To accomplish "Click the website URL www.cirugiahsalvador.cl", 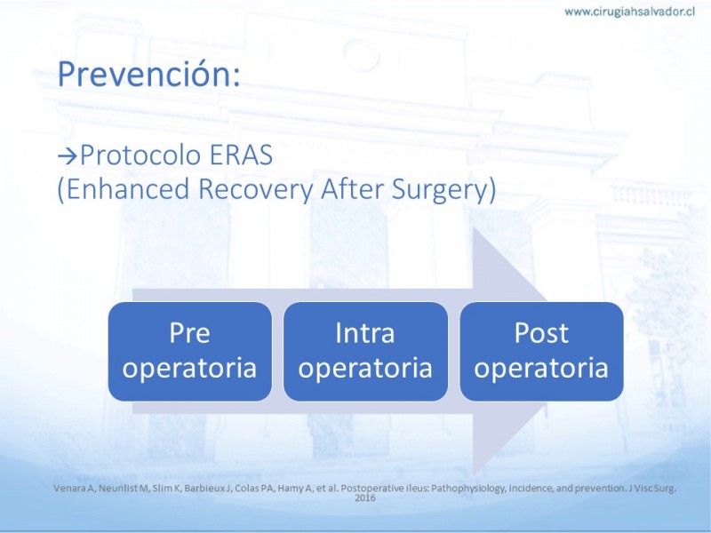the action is [x=629, y=12].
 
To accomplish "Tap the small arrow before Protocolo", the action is [x=68, y=156].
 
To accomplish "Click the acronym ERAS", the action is [x=241, y=155].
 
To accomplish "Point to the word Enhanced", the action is [x=126, y=188].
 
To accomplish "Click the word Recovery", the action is [x=256, y=189].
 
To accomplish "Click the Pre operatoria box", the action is [x=190, y=351].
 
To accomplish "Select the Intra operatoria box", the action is [x=365, y=351].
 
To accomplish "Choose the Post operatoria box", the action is [x=541, y=351].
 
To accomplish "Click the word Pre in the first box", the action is [x=189, y=333].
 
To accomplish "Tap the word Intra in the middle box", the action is [x=365, y=333].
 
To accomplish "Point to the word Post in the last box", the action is [x=541, y=333].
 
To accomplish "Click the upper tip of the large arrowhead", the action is [x=474, y=228].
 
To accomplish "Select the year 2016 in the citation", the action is [x=365, y=498].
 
